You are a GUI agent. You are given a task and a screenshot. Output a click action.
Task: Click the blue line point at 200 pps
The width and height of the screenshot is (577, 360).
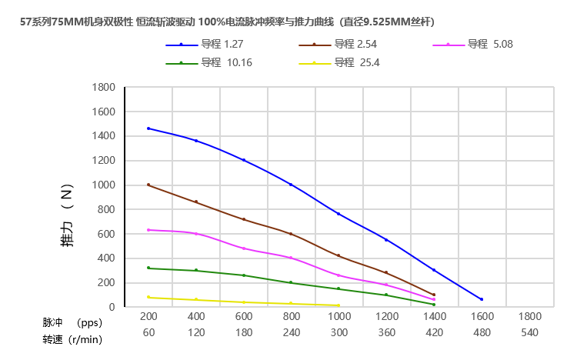click(x=148, y=128)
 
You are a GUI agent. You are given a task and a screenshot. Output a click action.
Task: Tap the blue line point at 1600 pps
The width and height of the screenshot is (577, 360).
click(x=482, y=299)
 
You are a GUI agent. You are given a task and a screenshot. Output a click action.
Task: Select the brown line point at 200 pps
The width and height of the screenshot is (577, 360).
click(x=148, y=185)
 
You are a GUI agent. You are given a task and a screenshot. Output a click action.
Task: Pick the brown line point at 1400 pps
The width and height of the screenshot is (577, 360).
click(x=434, y=295)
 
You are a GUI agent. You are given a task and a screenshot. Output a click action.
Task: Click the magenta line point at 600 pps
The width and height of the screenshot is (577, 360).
click(x=244, y=248)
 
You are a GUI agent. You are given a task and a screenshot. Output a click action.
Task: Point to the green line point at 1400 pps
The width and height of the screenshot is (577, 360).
click(x=434, y=305)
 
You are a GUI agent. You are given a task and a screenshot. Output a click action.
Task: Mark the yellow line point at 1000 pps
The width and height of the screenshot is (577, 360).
click(x=339, y=305)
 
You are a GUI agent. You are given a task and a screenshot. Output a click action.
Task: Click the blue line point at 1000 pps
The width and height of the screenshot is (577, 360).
click(x=339, y=214)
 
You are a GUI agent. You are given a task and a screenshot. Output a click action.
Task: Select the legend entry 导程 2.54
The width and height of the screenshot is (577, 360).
click(x=350, y=45)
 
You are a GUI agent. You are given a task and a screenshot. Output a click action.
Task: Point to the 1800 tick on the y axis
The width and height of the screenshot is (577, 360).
click(x=102, y=87)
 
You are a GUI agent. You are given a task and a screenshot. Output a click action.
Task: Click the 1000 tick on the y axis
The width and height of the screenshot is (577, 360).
click(x=102, y=185)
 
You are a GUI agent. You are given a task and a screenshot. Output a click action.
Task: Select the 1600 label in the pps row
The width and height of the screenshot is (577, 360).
click(x=482, y=316)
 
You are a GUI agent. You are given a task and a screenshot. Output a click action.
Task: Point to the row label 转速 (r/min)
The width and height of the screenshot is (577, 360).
click(x=72, y=337)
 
